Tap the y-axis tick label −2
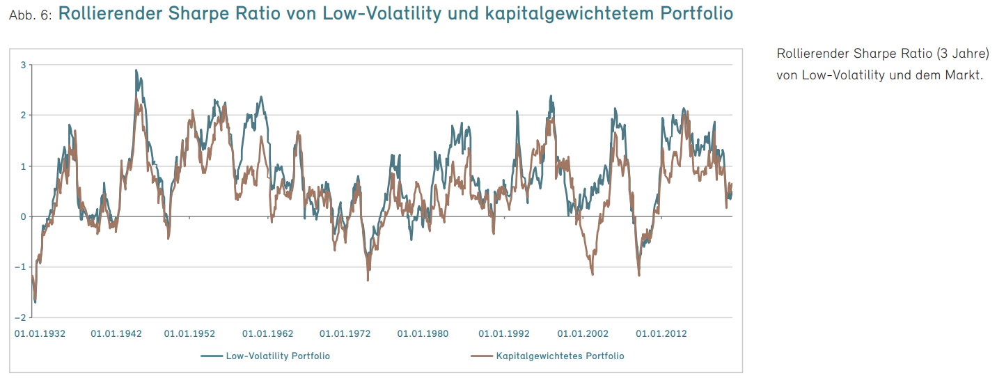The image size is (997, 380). coord(20,317)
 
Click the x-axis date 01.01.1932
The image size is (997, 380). coord(40,334)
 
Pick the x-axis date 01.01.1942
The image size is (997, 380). coord(116,334)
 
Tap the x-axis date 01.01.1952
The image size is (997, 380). coord(189,334)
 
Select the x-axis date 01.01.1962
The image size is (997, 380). coord(268,334)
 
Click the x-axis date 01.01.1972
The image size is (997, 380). coord(345,334)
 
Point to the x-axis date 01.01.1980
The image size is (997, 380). coord(423,334)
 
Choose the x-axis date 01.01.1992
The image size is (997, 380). coord(504,334)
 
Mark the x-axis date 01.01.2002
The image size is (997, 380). coord(583,334)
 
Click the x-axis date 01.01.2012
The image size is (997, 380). coord(661,334)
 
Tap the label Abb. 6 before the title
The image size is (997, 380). coord(30,15)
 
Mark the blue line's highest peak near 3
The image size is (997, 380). coord(136,70)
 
